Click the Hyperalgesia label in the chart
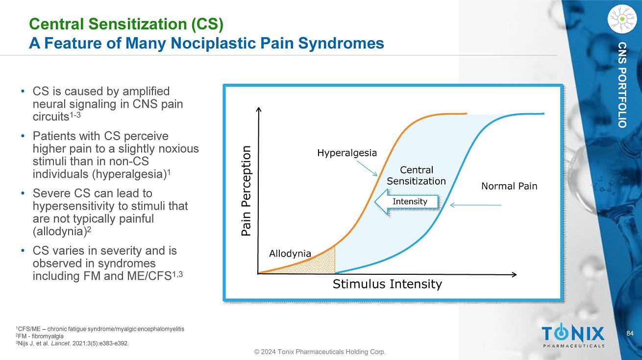pyautogui.click(x=347, y=153)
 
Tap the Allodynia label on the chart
pyautogui.click(x=290, y=253)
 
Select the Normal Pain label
pyautogui.click(x=509, y=186)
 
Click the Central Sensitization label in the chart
pyautogui.click(x=416, y=175)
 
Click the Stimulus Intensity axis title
pyautogui.click(x=387, y=284)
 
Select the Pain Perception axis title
pyautogui.click(x=246, y=191)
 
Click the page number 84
pyautogui.click(x=631, y=334)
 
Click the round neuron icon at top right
pyautogui.click(x=622, y=18)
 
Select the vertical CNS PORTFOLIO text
pyautogui.click(x=622, y=85)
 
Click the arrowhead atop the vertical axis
pyautogui.click(x=259, y=110)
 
